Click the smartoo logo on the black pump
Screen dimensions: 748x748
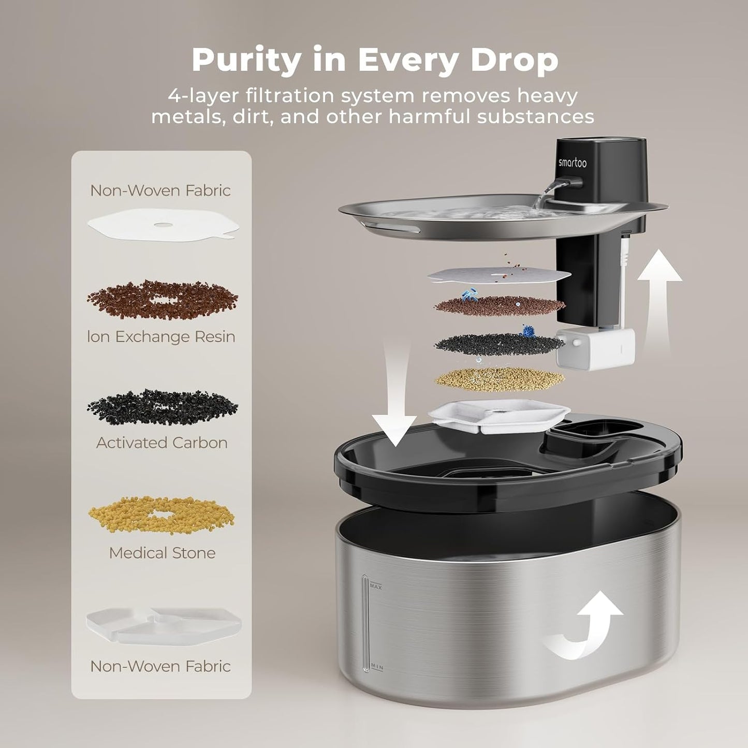[x=573, y=163]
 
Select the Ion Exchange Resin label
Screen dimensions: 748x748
[x=161, y=337]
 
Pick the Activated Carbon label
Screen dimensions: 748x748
[x=162, y=443]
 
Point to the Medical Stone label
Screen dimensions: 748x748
[x=162, y=553]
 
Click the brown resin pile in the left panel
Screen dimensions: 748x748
[x=162, y=299]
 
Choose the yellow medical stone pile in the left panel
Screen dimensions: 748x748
[x=162, y=515]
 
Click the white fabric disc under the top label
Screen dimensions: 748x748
[x=162, y=225]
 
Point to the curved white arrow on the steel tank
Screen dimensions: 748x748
[x=585, y=626]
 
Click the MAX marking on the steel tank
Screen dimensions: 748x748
[x=376, y=587]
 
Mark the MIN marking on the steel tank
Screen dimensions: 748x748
[x=376, y=668]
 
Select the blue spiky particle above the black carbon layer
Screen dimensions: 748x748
[x=528, y=330]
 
